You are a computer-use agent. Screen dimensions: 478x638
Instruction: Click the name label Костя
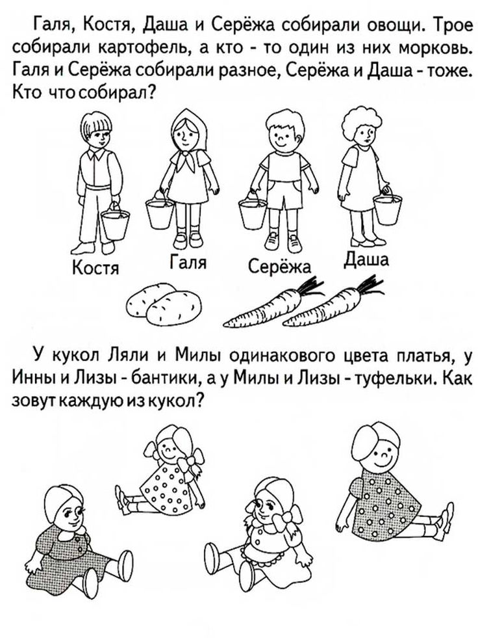pos(95,268)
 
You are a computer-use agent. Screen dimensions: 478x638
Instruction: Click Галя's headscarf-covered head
pos(186,129)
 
